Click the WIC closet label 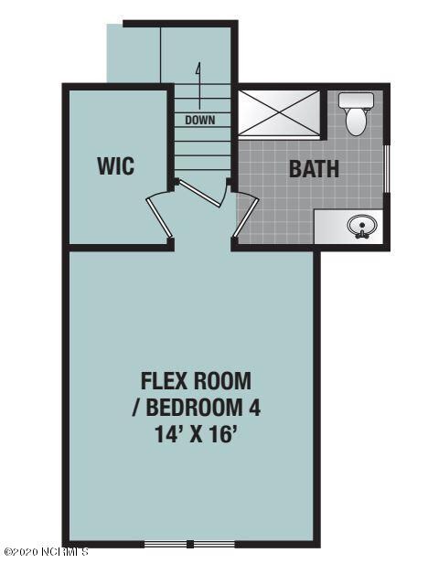point(116,165)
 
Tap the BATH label point(314,169)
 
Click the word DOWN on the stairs point(200,120)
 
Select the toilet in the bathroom point(356,113)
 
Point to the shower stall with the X point(279,113)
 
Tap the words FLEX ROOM point(197,381)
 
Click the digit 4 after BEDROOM point(255,408)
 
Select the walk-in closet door point(159,218)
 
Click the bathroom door point(246,218)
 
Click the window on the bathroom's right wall point(386,168)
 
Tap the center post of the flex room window point(189,544)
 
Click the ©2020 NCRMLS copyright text point(47,551)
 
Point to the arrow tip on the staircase point(198,64)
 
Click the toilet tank point(356,101)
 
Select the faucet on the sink point(362,234)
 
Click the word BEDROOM point(194,408)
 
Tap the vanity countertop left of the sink point(330,227)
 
